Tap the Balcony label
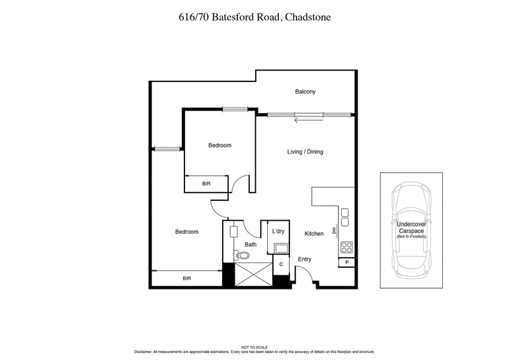point(305,92)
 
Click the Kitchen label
point(314,234)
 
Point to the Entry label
point(305,260)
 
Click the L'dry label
point(277,232)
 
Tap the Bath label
point(250,244)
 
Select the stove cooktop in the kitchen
point(347,247)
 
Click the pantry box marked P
point(347,263)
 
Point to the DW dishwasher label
point(333,230)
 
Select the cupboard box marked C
point(281,264)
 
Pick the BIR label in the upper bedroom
point(206,183)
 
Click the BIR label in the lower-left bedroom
point(186,279)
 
